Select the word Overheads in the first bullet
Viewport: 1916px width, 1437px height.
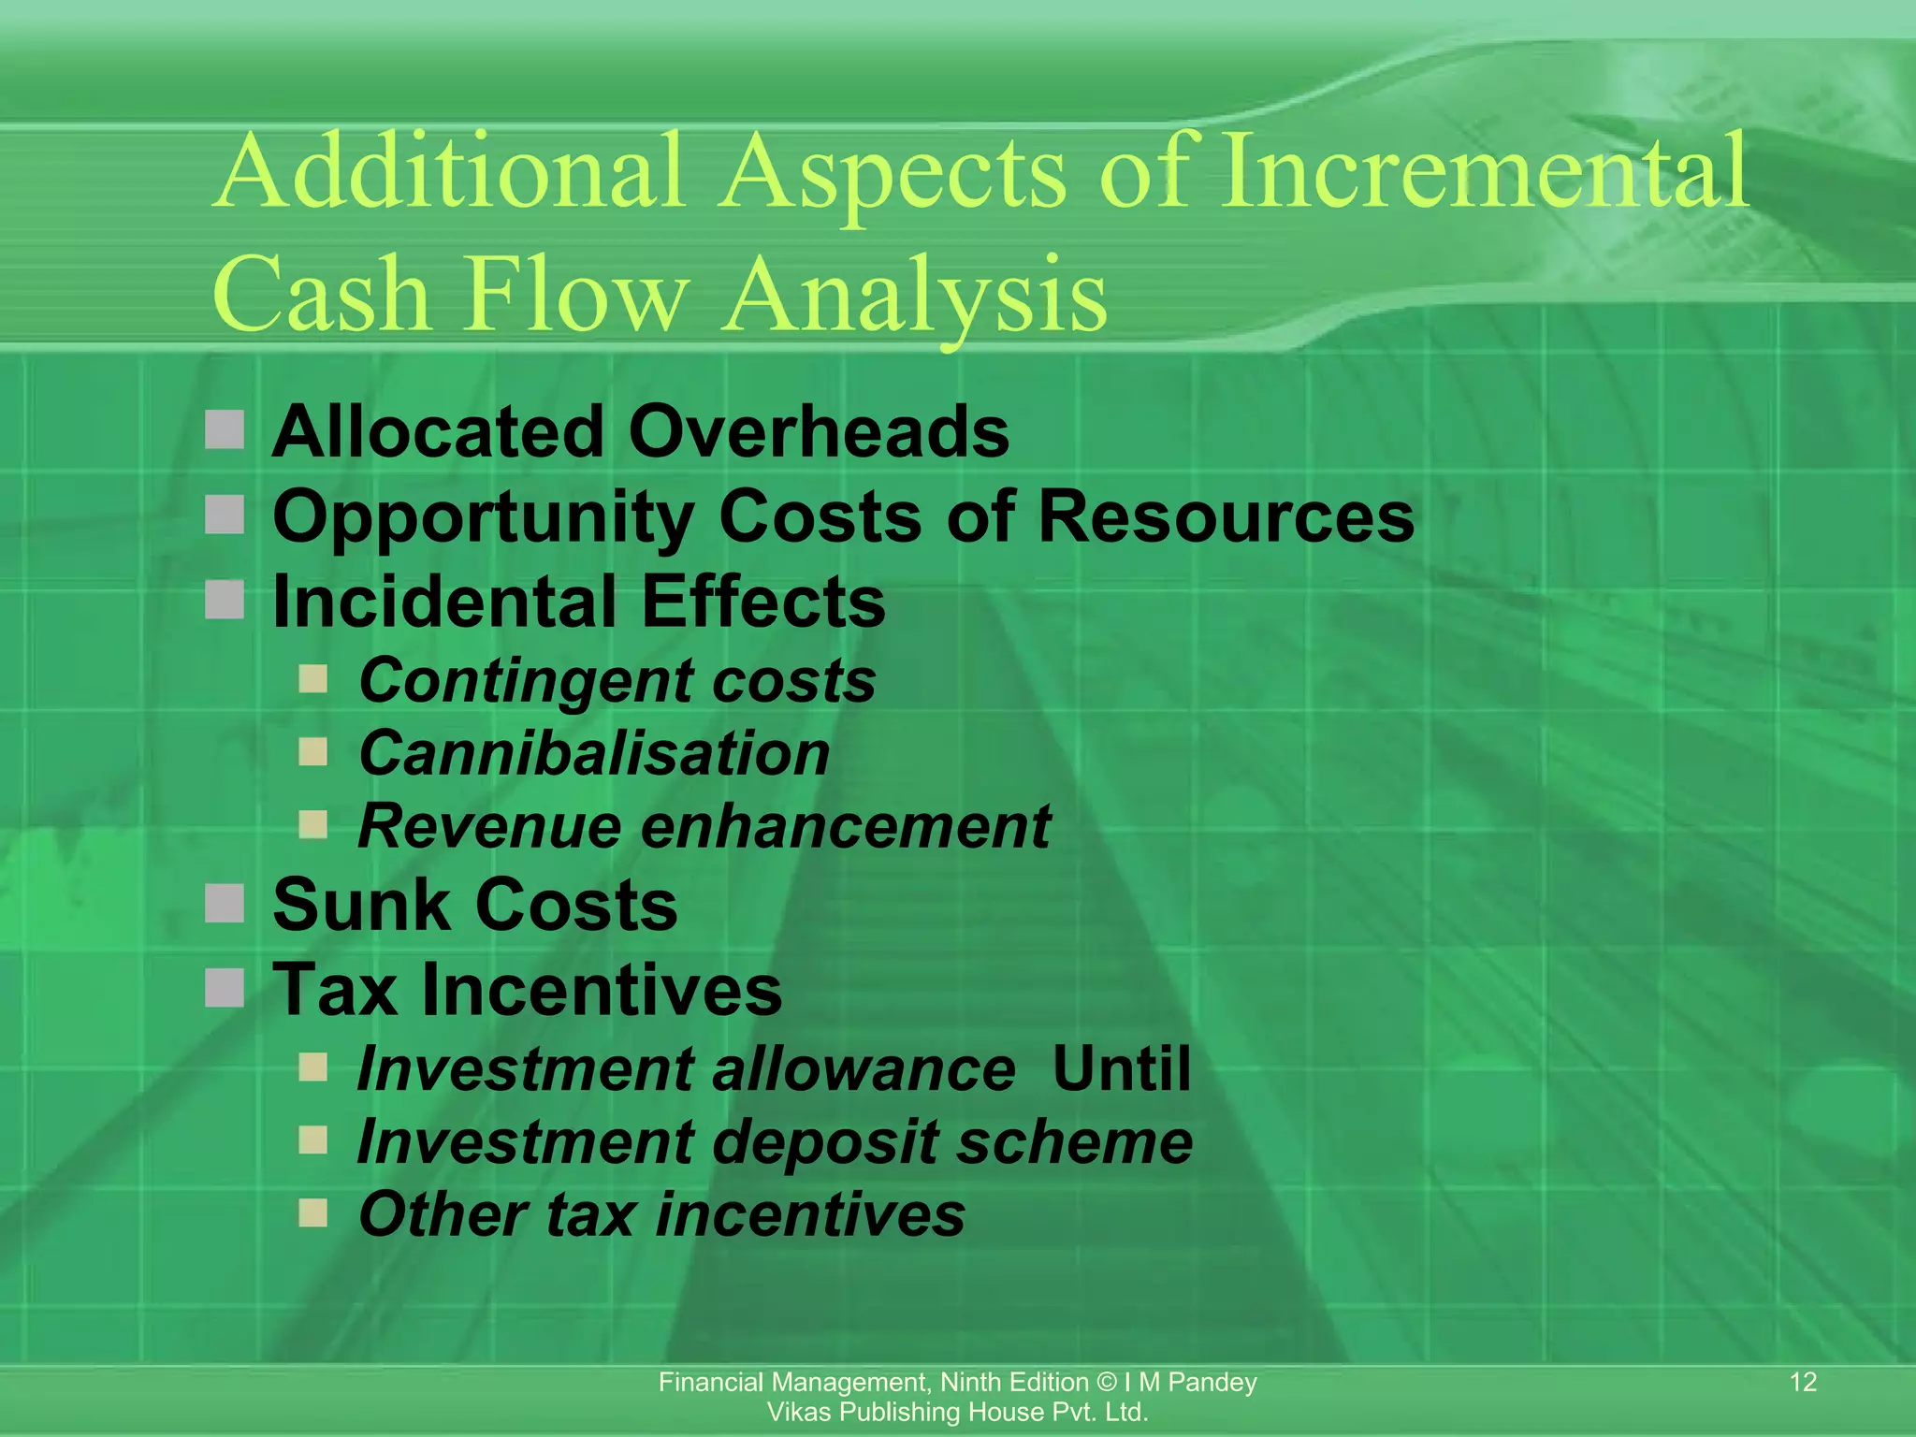coord(819,432)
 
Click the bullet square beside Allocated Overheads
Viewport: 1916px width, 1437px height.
coord(225,430)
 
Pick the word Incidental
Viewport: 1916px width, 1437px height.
coord(446,602)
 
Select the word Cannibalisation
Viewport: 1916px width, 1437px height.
coord(594,754)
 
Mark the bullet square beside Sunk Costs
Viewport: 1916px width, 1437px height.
coord(225,904)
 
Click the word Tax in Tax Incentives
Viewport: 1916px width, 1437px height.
coord(334,990)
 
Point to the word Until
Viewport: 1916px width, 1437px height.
coord(1121,1068)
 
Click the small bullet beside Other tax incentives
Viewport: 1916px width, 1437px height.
coord(313,1213)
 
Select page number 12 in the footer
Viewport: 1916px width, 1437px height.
coord(1803,1382)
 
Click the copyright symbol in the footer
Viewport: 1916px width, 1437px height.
coord(1107,1383)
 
